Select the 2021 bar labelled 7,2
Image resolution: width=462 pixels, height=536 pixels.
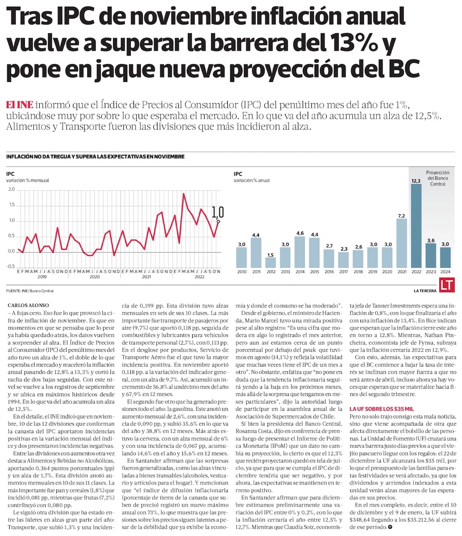point(401,244)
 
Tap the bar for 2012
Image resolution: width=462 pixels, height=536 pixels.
point(271,262)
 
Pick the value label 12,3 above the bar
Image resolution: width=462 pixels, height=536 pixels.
point(416,181)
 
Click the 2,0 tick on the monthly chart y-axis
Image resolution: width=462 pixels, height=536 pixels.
point(12,190)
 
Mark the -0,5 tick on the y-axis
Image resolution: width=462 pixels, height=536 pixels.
point(11,267)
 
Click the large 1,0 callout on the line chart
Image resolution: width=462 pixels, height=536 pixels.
point(218,212)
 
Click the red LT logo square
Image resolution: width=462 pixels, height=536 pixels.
point(446,285)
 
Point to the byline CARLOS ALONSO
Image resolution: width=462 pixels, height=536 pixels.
point(27,305)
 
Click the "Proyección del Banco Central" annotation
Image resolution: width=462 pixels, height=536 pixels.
point(438,178)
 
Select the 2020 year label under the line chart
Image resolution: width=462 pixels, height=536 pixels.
point(95,276)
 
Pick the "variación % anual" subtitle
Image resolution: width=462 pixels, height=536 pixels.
point(252,180)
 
